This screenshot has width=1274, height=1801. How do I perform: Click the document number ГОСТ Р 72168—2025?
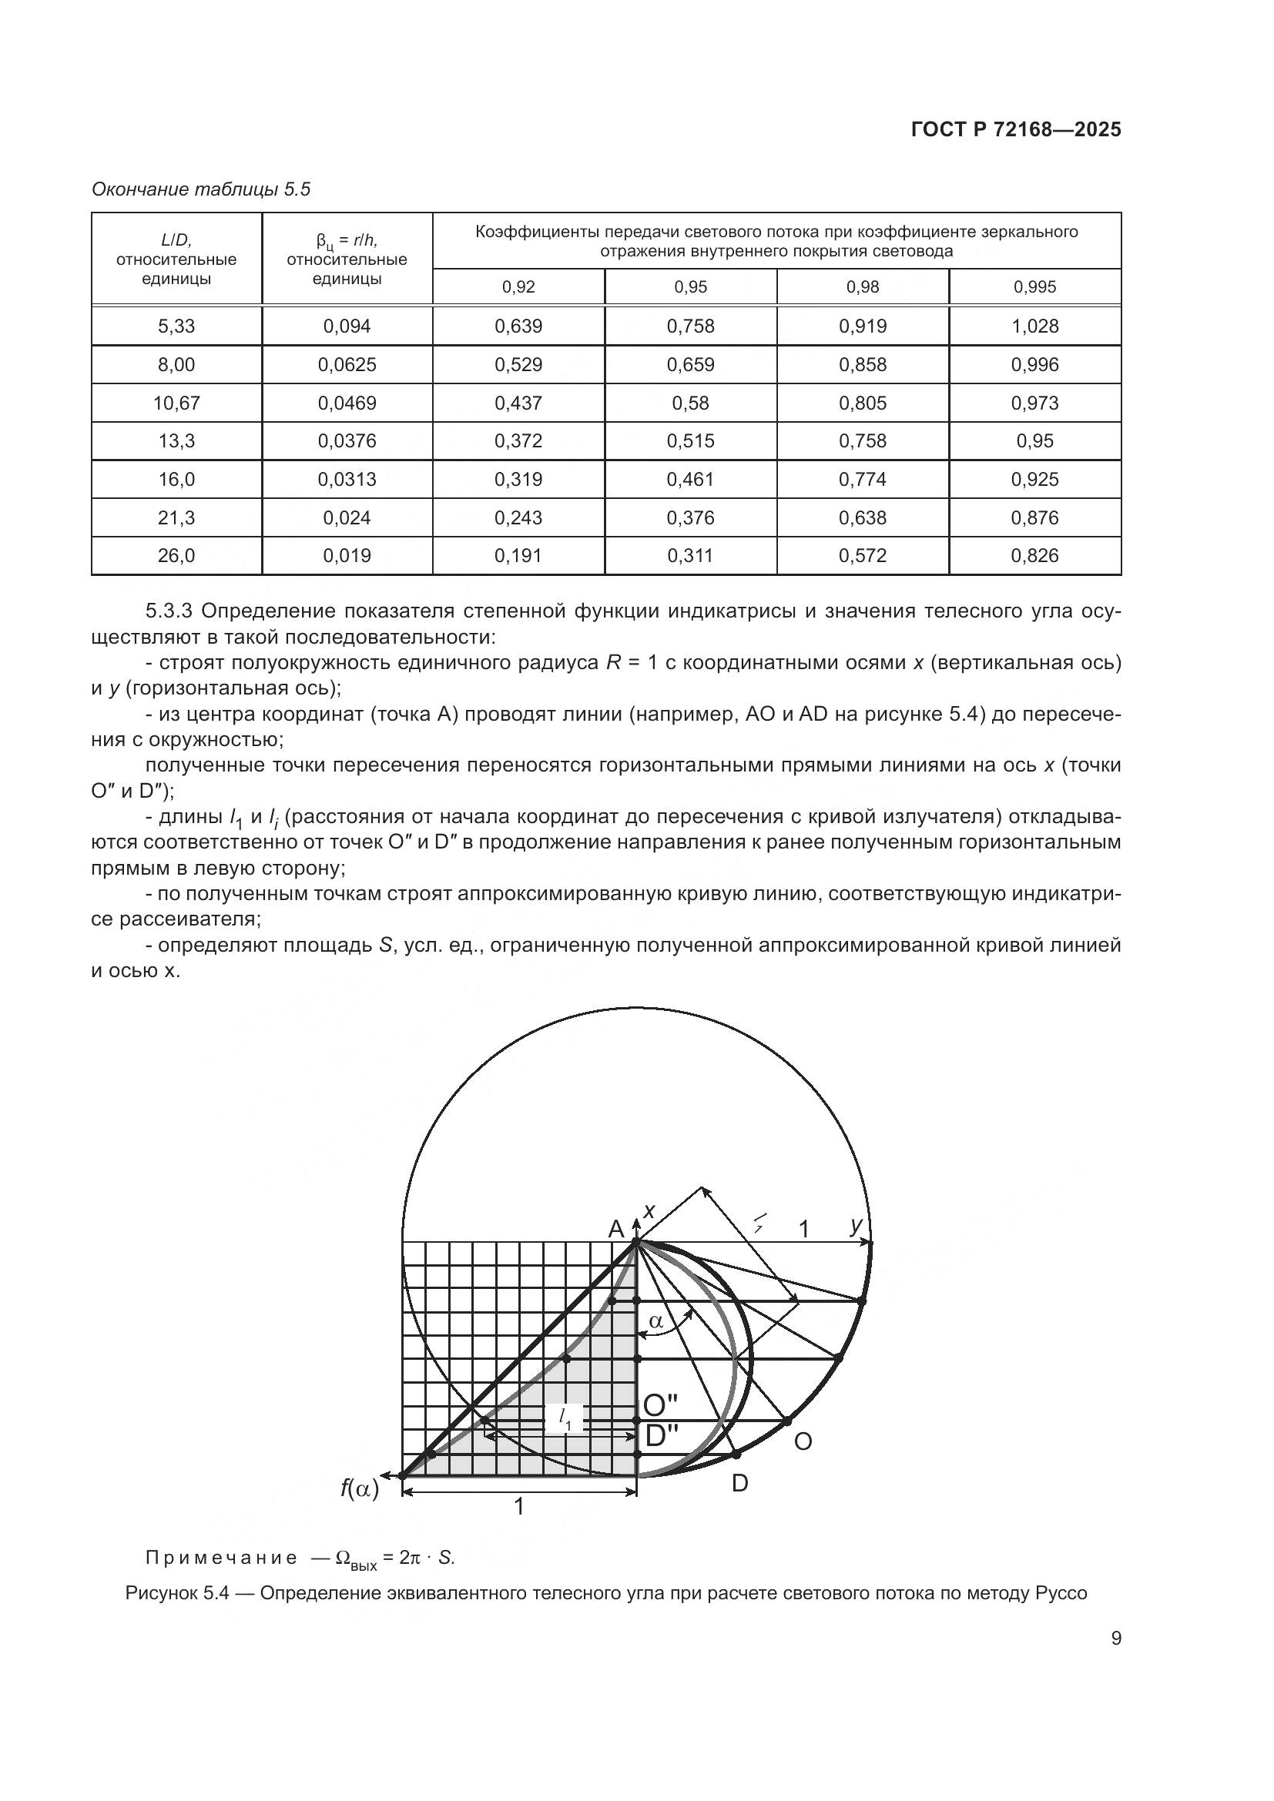[x=1016, y=129]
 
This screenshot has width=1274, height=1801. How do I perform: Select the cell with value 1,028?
[x=1034, y=326]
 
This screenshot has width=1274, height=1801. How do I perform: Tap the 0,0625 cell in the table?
[x=347, y=365]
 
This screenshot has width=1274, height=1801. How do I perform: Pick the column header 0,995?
[x=1034, y=287]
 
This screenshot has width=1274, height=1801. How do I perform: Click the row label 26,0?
[x=176, y=556]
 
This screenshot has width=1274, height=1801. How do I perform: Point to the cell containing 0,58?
[x=690, y=403]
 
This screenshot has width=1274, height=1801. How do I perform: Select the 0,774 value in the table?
[x=862, y=479]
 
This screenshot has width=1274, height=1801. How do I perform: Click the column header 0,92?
[x=518, y=287]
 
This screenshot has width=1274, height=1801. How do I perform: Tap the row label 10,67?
[x=176, y=403]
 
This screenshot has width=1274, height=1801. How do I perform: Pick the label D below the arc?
[x=739, y=1483]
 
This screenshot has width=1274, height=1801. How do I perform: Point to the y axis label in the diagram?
[x=857, y=1226]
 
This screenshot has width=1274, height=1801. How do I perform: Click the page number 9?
[x=1115, y=1639]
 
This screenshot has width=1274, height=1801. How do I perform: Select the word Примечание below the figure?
[x=221, y=1558]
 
